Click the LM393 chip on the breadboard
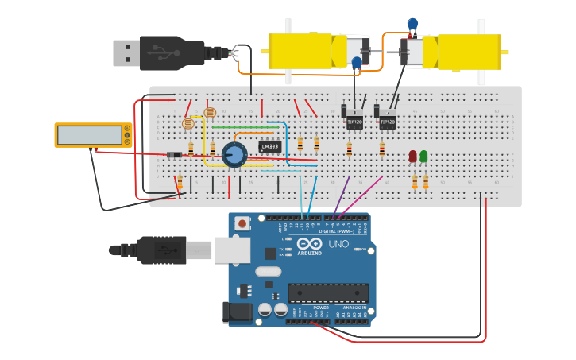click(270, 146)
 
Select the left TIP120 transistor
click(354, 122)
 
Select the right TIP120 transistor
click(387, 122)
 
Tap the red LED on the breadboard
click(412, 157)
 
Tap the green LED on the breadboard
click(423, 157)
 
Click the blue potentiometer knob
click(234, 154)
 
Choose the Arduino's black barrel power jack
click(237, 312)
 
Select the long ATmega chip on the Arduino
click(327, 293)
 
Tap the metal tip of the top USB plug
click(126, 53)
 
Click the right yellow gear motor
click(461, 52)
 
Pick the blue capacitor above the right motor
click(412, 24)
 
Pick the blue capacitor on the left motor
click(357, 62)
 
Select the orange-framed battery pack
click(93, 135)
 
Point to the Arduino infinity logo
click(309, 244)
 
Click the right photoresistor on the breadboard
click(210, 113)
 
